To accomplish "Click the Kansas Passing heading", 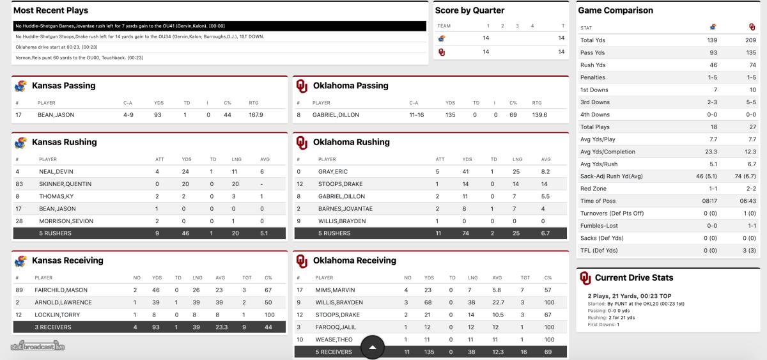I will (x=63, y=86).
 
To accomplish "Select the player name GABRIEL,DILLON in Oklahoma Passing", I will (x=336, y=115).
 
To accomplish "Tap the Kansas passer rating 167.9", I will (x=256, y=115).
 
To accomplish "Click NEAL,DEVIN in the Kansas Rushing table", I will (x=55, y=171).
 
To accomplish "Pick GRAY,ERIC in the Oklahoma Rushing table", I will (x=332, y=171).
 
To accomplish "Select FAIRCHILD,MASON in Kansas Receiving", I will (x=61, y=290).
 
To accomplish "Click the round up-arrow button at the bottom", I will (x=373, y=347).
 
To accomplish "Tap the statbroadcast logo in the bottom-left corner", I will (x=38, y=347).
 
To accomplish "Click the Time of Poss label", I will (x=598, y=201).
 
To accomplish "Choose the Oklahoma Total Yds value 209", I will (x=751, y=40).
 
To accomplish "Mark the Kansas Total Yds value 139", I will (x=713, y=40).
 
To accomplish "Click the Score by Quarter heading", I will (x=470, y=10).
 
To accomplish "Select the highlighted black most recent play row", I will (x=219, y=26).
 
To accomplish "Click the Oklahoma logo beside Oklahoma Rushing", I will (x=302, y=143).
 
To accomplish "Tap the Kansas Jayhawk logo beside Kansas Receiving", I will (x=20, y=261).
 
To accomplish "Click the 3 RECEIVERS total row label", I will (x=52, y=327).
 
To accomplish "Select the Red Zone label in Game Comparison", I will (x=594, y=189).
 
